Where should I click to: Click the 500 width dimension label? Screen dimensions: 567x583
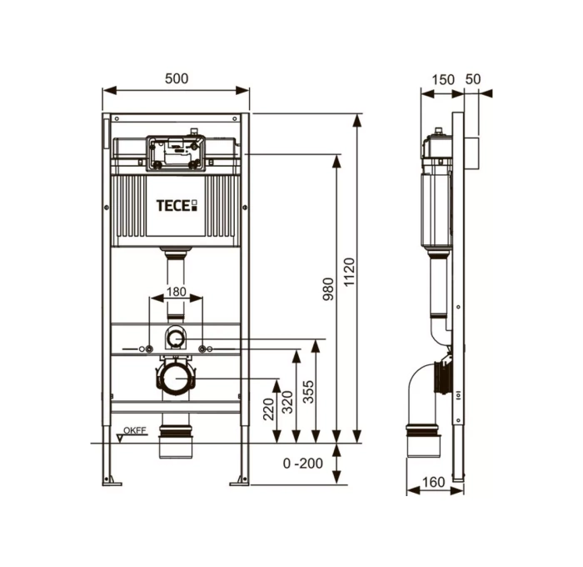point(177,78)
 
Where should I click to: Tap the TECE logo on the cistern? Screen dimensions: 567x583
point(176,204)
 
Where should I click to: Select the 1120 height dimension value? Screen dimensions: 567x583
point(349,275)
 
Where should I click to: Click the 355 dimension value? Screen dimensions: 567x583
point(308,392)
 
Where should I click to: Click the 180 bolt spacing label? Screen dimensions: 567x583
point(176,293)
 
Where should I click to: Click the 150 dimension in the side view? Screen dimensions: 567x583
point(444,79)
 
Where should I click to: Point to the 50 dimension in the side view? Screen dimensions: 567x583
point(473,79)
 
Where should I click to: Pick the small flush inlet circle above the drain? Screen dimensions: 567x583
point(176,338)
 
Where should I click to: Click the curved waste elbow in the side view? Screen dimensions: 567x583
point(423,392)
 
